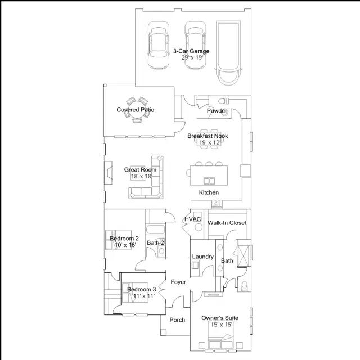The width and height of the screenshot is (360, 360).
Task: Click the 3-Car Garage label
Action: pyautogui.click(x=191, y=51)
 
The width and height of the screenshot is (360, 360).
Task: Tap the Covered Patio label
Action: pyautogui.click(x=135, y=110)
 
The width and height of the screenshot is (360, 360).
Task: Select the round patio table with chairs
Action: pyautogui.click(x=137, y=110)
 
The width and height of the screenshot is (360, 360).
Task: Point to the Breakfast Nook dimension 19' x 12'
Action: pyautogui.click(x=210, y=142)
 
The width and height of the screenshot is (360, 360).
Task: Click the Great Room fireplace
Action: pyautogui.click(x=108, y=173)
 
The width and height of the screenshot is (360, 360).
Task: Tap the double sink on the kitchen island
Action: pyautogui.click(x=209, y=181)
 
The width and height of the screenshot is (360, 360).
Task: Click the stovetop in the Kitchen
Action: pyautogui.click(x=217, y=204)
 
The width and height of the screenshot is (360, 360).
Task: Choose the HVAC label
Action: pyautogui.click(x=192, y=219)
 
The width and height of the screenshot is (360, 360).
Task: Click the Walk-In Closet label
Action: pyautogui.click(x=227, y=223)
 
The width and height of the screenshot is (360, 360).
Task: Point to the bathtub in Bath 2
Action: pyautogui.click(x=155, y=229)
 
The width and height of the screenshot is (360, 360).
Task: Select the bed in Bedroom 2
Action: pyautogui.click(x=118, y=240)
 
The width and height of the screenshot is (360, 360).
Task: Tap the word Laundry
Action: pyautogui.click(x=202, y=256)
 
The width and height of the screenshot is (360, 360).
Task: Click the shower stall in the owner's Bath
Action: pyautogui.click(x=244, y=253)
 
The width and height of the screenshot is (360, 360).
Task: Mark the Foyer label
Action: pyautogui.click(x=178, y=282)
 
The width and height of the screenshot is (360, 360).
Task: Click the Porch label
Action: pyautogui.click(x=177, y=320)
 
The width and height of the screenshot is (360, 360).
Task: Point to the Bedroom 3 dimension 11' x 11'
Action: pyautogui.click(x=144, y=296)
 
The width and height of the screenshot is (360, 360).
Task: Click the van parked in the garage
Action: pyautogui.click(x=228, y=53)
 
